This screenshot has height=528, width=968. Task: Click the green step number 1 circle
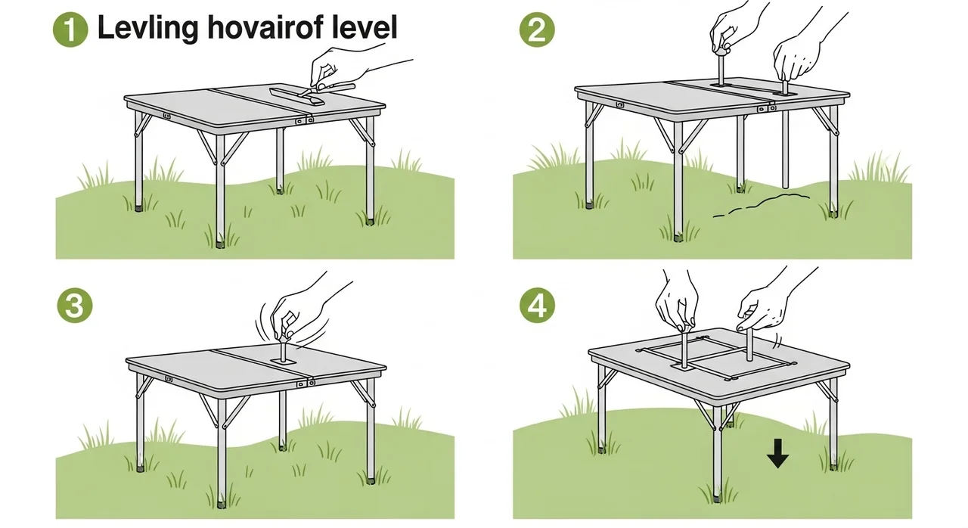(70, 30)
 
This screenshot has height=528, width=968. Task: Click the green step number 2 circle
(537, 30)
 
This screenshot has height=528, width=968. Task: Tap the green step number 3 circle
(75, 306)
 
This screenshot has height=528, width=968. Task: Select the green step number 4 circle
(537, 306)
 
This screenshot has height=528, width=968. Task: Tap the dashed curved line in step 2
(762, 204)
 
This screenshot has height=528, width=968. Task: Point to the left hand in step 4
(678, 303)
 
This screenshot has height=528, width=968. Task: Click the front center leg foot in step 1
(220, 244)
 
